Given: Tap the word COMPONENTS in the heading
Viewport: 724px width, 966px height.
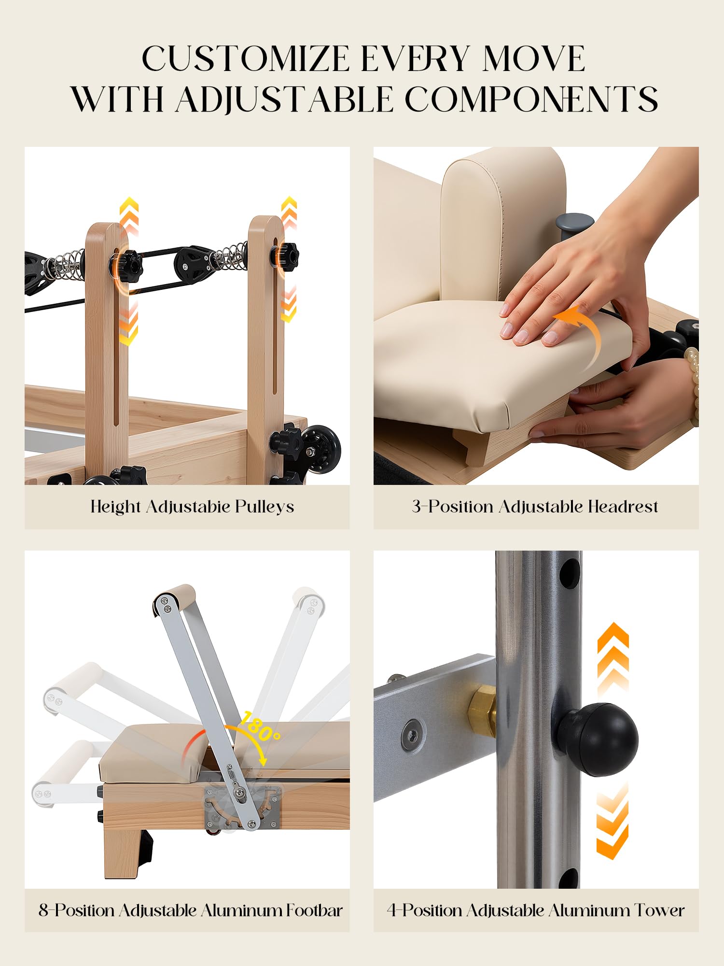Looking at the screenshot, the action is [x=531, y=99].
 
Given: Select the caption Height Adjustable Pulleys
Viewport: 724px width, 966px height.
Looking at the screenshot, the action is [x=192, y=507].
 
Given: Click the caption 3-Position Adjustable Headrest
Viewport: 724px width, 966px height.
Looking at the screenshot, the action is [x=535, y=507].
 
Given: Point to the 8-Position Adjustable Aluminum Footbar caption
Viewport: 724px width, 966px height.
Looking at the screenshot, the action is [x=191, y=910].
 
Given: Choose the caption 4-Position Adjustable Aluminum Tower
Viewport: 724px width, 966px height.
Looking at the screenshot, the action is [x=536, y=910].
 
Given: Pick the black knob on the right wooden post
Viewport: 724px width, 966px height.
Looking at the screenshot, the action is [x=286, y=256].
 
